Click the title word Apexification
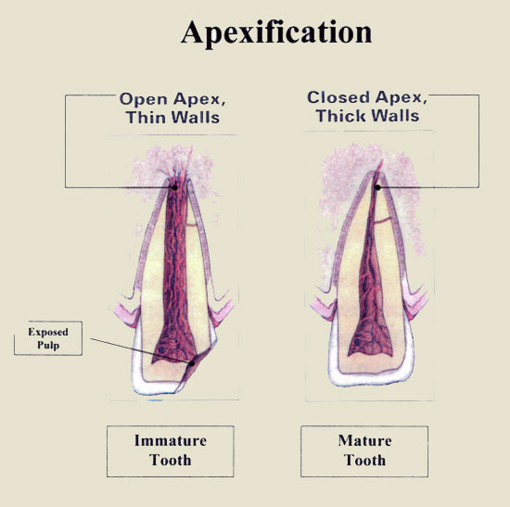pyautogui.click(x=276, y=32)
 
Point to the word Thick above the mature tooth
pyautogui.click(x=341, y=116)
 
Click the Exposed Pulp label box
pyautogui.click(x=48, y=338)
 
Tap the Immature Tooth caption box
pyautogui.click(x=171, y=451)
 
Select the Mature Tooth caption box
pyautogui.click(x=364, y=451)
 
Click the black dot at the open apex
pyautogui.click(x=174, y=187)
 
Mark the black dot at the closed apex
pyautogui.click(x=377, y=187)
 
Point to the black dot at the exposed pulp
pyautogui.click(x=192, y=363)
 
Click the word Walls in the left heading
pyautogui.click(x=196, y=117)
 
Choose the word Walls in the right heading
pyautogui.click(x=395, y=116)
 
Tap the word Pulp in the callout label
pyautogui.click(x=48, y=345)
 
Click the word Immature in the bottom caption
pyautogui.click(x=171, y=440)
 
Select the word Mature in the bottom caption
pyautogui.click(x=364, y=440)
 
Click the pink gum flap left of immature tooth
pyautogui.click(x=128, y=314)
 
